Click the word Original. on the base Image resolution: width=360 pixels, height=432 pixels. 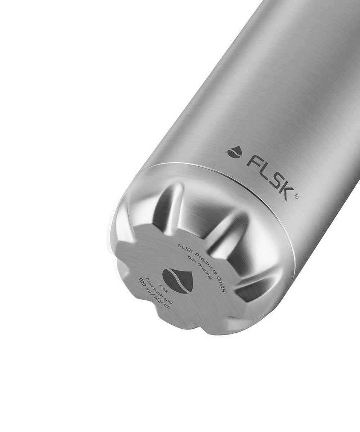tap(205, 273)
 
